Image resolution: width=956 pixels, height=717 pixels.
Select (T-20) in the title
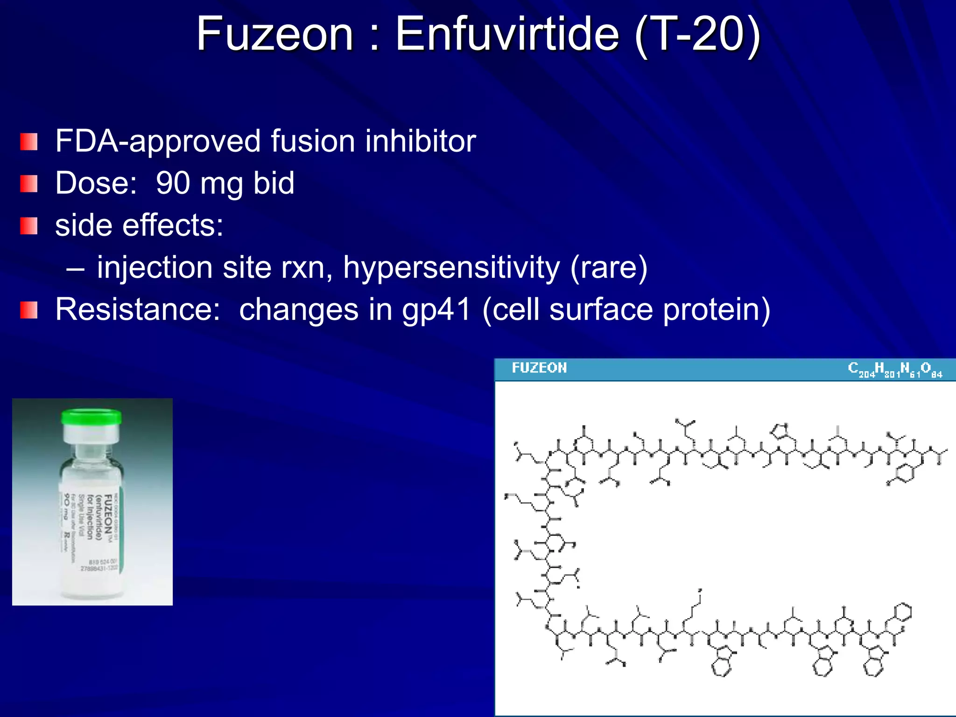point(698,35)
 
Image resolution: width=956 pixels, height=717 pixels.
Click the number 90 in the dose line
point(173,183)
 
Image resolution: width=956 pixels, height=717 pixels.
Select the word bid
point(274,183)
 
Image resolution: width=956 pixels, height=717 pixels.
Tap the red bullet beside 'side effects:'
point(29,226)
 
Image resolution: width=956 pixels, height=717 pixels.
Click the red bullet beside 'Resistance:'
point(29,310)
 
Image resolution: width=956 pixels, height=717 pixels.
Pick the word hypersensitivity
point(451,268)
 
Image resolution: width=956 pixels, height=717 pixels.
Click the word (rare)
point(609,268)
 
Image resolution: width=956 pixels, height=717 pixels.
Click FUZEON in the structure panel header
point(539,368)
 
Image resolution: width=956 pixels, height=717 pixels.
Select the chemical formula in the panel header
point(895,370)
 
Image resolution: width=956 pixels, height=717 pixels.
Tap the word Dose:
point(96,183)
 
